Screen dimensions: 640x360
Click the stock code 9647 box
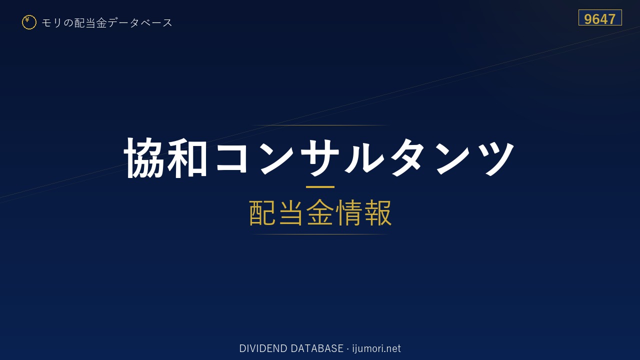tap(600, 17)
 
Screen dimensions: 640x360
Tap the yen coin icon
tap(29, 22)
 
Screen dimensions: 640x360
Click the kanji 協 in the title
tap(144, 158)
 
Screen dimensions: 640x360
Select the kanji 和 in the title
tap(187, 158)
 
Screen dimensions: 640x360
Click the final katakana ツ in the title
tap(495, 158)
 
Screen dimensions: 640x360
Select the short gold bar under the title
tap(320, 187)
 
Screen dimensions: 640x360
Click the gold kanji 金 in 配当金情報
tap(320, 212)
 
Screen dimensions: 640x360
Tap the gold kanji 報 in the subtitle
tap(377, 212)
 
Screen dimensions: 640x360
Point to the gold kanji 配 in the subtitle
tap(262, 212)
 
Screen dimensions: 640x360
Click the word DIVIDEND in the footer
tap(263, 348)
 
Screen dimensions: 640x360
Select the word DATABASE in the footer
tap(317, 348)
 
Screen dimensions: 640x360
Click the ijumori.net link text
tap(376, 348)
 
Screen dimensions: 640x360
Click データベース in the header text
tap(140, 23)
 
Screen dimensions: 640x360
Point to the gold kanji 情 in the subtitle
tap(349, 212)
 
